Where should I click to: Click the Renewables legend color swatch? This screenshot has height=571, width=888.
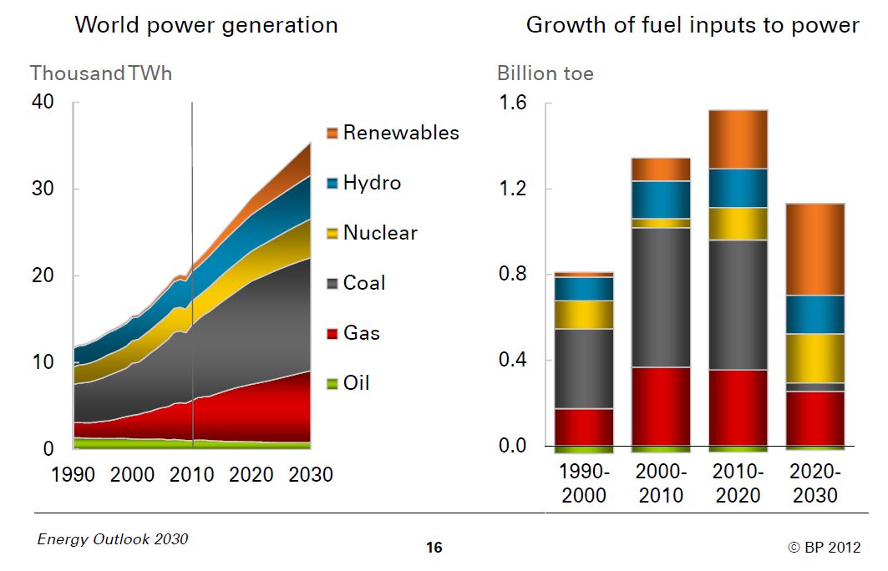click(x=332, y=133)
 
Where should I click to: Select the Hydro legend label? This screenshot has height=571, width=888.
click(x=372, y=183)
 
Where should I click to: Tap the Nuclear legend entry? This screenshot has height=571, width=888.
click(x=380, y=233)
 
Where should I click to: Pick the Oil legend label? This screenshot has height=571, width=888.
click(x=357, y=383)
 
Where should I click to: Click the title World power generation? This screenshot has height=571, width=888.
click(x=206, y=25)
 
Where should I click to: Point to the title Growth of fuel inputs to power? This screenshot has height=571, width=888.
click(x=692, y=25)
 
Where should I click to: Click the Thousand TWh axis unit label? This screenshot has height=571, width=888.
click(x=101, y=73)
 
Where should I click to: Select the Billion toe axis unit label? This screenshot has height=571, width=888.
click(x=545, y=73)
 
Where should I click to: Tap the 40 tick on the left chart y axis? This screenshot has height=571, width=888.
click(x=43, y=102)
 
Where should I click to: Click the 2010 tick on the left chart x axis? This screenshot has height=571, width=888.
click(x=191, y=475)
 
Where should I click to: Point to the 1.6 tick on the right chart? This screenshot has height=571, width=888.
click(x=514, y=104)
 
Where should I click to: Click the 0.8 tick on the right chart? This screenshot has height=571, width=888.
click(x=514, y=275)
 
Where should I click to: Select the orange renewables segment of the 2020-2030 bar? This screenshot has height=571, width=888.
click(x=814, y=249)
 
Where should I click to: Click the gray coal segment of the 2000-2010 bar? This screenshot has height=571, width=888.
click(x=661, y=297)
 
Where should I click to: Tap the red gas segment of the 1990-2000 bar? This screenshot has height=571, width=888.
click(x=584, y=427)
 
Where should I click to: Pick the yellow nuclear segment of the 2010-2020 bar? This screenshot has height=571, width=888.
click(x=738, y=224)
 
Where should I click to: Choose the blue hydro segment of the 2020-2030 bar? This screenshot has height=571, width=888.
click(x=814, y=314)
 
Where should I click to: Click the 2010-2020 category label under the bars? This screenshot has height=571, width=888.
click(x=738, y=483)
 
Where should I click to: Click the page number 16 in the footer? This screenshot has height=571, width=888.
click(x=434, y=548)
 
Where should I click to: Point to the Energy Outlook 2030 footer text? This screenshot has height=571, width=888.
click(x=113, y=539)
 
